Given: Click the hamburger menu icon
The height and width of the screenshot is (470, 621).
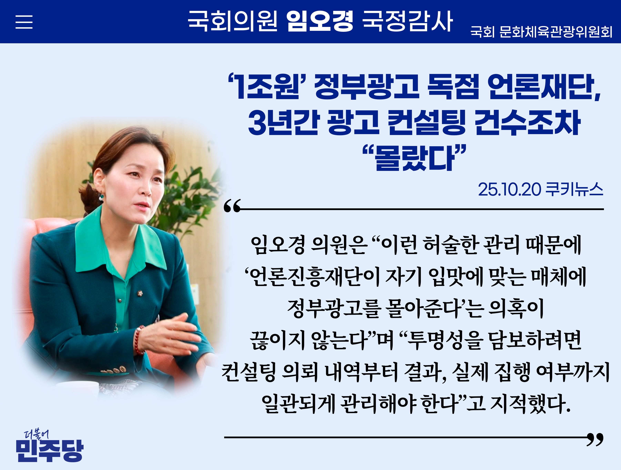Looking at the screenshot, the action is coord(24,22).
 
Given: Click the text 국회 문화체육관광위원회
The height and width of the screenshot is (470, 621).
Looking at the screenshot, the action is coord(541,32).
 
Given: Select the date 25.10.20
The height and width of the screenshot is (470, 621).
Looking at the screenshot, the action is coord(509,189).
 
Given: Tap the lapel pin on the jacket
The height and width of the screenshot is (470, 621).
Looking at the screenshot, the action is coord(140,294).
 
